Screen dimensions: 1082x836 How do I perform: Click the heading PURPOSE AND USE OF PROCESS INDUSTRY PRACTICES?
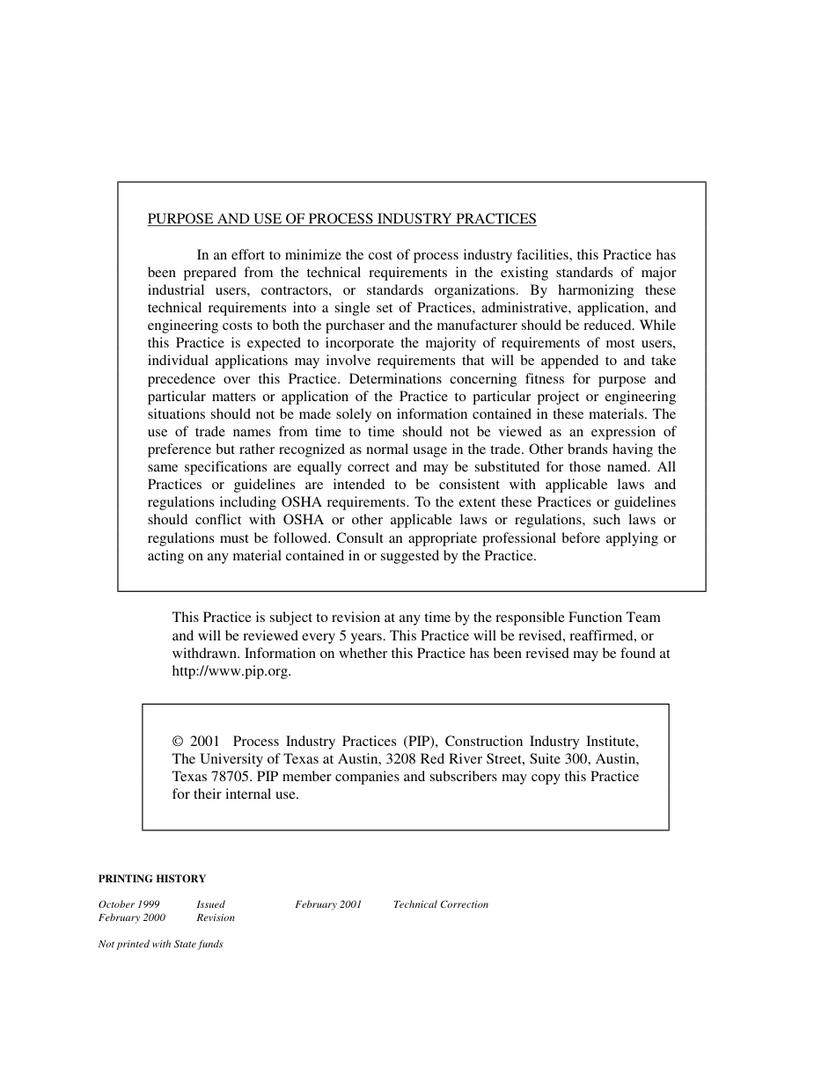coord(341,219)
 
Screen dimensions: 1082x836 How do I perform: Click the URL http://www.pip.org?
coord(230,671)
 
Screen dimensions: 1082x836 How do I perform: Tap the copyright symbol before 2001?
coord(177,742)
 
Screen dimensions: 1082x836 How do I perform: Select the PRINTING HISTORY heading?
coord(152,879)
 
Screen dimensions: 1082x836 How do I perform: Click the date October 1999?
coord(128,904)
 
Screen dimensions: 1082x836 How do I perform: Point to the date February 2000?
coord(132,918)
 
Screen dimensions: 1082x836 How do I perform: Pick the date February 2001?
coord(328,904)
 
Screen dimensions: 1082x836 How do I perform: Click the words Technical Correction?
coord(440,904)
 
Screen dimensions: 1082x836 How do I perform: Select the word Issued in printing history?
coord(210,904)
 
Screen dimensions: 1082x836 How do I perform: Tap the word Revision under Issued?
coord(216,918)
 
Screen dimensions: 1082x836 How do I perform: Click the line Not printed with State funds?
coord(160,945)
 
